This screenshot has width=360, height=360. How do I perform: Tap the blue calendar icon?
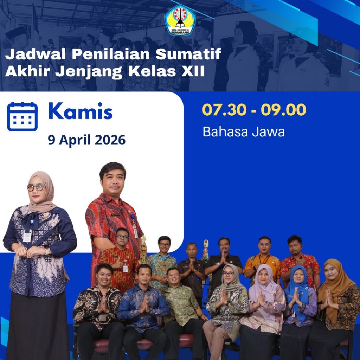point(22,116)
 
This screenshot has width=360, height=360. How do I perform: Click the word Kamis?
point(81,111)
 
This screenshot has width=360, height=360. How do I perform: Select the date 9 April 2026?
point(86,140)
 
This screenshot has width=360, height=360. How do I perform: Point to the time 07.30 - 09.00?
point(254,110)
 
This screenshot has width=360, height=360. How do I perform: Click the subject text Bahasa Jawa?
point(244,132)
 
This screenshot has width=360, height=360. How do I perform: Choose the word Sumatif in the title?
point(188,54)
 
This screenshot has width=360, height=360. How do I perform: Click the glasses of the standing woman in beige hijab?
point(36,188)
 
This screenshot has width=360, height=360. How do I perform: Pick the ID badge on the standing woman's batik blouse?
point(27,236)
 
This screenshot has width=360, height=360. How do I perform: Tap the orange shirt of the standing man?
point(262,266)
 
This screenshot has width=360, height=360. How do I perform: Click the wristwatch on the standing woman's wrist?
point(47,250)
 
